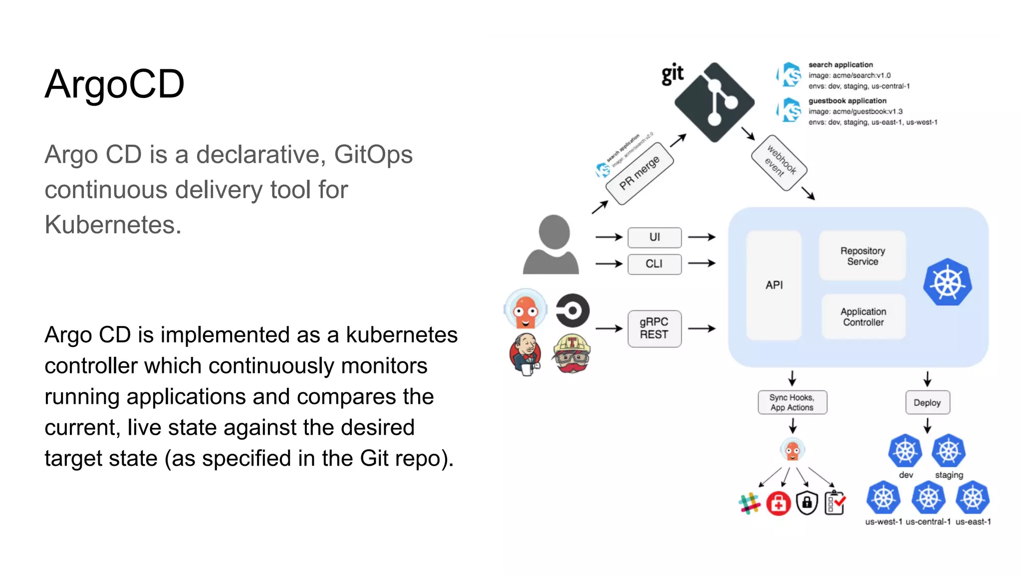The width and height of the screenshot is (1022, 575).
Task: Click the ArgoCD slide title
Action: [x=114, y=84]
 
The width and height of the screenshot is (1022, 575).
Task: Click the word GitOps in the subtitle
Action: [x=373, y=155]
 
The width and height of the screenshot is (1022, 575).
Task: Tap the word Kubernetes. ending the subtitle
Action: [x=113, y=225]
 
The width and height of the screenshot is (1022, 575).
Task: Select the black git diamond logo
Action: [x=714, y=103]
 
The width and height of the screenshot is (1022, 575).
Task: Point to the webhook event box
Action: [x=779, y=163]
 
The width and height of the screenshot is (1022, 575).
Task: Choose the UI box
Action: [x=654, y=238]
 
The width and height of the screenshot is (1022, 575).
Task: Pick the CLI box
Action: [x=654, y=264]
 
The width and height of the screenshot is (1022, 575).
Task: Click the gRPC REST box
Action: [x=654, y=328]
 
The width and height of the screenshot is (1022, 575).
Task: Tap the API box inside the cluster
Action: [x=774, y=285]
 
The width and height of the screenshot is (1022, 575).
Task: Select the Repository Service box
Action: [x=862, y=256]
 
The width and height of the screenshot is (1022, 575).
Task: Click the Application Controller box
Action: [x=863, y=317]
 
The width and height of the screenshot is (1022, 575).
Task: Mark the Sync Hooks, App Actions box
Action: [x=792, y=402]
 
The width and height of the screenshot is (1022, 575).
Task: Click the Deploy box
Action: [x=927, y=403]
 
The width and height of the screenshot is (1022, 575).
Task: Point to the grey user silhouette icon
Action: [x=551, y=246]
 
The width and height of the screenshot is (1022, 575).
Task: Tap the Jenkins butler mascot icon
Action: [x=525, y=354]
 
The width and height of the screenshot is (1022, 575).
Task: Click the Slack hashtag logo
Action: [x=749, y=503]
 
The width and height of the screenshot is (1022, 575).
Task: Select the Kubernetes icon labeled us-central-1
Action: [x=928, y=498]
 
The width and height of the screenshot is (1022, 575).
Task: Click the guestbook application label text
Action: [x=847, y=101]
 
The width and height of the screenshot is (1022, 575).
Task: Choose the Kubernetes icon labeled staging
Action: [x=949, y=451]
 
